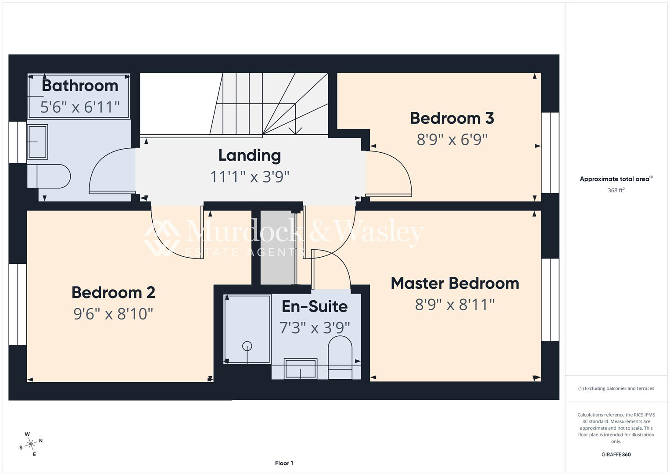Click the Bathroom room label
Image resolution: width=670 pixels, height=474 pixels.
(x=80, y=86)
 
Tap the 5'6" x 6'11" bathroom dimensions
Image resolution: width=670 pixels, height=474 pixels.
(x=80, y=107)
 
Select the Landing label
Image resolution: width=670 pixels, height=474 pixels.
(x=250, y=156)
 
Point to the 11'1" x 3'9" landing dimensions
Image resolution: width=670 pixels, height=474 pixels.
(x=250, y=176)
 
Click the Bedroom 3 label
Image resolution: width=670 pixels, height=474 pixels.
(x=452, y=118)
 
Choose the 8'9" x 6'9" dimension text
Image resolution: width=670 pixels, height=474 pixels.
(x=452, y=140)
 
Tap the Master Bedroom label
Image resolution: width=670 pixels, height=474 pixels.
(x=455, y=283)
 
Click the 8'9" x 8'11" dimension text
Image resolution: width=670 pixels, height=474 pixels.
(x=455, y=305)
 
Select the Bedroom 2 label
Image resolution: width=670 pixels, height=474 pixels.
(x=113, y=292)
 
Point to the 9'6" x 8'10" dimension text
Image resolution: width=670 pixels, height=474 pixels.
(x=113, y=314)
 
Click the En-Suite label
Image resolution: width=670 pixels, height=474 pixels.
(x=315, y=306)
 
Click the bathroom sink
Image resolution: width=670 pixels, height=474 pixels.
(x=37, y=141)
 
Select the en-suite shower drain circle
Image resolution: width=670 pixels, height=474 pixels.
(x=247, y=346)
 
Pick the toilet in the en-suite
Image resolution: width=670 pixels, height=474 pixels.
(x=340, y=358)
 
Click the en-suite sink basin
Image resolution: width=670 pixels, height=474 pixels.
(x=300, y=369)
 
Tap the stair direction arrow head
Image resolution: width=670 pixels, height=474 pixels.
(x=295, y=131)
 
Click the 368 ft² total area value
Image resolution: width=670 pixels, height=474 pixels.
(x=616, y=190)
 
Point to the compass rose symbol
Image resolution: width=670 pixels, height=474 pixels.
(x=31, y=444)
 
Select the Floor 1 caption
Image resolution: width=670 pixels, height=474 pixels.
(x=284, y=463)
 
